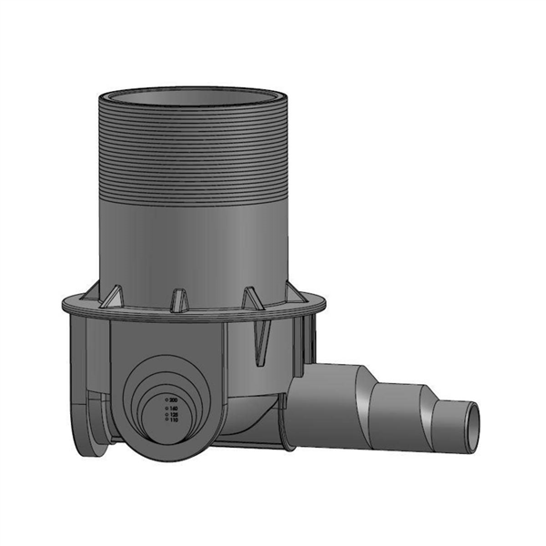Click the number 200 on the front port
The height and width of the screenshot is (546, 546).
point(173,399)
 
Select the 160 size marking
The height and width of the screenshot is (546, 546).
point(173,409)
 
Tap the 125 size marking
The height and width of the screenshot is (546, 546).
point(173,415)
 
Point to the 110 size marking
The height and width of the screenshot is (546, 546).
point(173,421)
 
